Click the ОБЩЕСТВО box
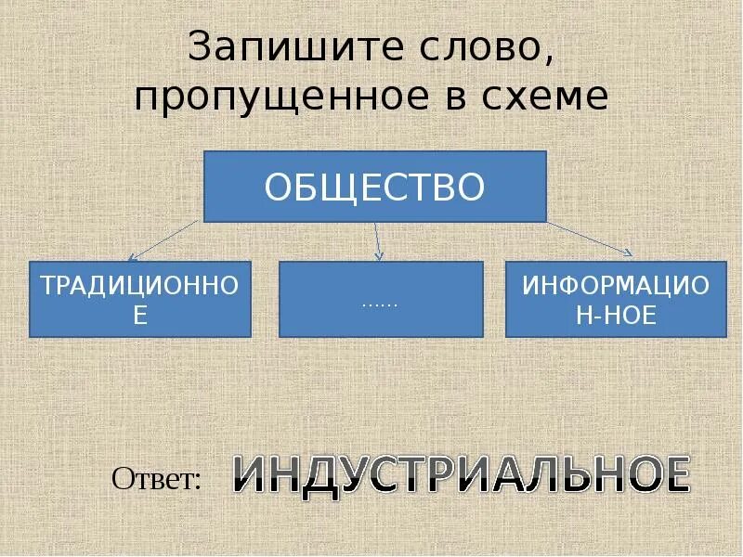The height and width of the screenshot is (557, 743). coord(375,187)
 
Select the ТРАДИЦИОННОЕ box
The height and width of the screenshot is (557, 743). coord(140,299)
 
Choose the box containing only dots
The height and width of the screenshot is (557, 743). coord(381,299)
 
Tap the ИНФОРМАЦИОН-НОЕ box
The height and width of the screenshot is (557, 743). coord(616,299)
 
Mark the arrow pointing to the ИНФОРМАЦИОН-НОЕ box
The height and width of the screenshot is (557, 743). coord(590,238)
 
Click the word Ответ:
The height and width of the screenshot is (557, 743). coord(156,479)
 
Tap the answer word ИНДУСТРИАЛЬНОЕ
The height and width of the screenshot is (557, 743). coord(461,475)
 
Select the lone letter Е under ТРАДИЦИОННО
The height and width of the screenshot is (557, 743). coord(140,315)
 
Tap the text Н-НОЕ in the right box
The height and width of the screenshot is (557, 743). coord(616,315)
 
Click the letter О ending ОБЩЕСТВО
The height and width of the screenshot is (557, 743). coord(471,187)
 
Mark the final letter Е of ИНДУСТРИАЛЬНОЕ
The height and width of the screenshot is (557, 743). coord(677,475)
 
